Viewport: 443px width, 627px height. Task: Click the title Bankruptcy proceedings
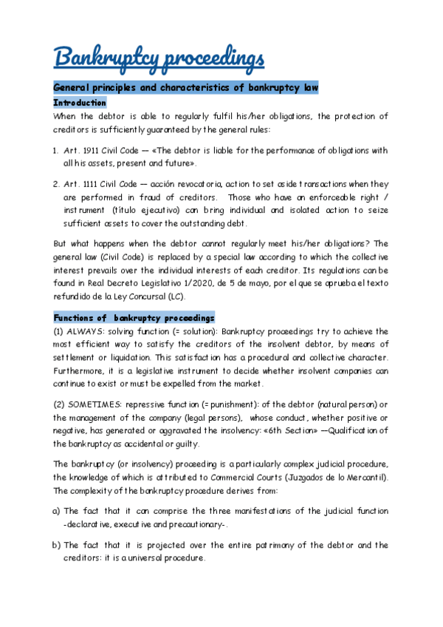[159, 56]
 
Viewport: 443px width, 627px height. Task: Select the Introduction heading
[80, 103]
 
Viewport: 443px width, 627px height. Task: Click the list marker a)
[57, 511]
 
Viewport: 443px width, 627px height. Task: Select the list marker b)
[57, 545]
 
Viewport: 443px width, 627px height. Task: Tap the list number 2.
[56, 184]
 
